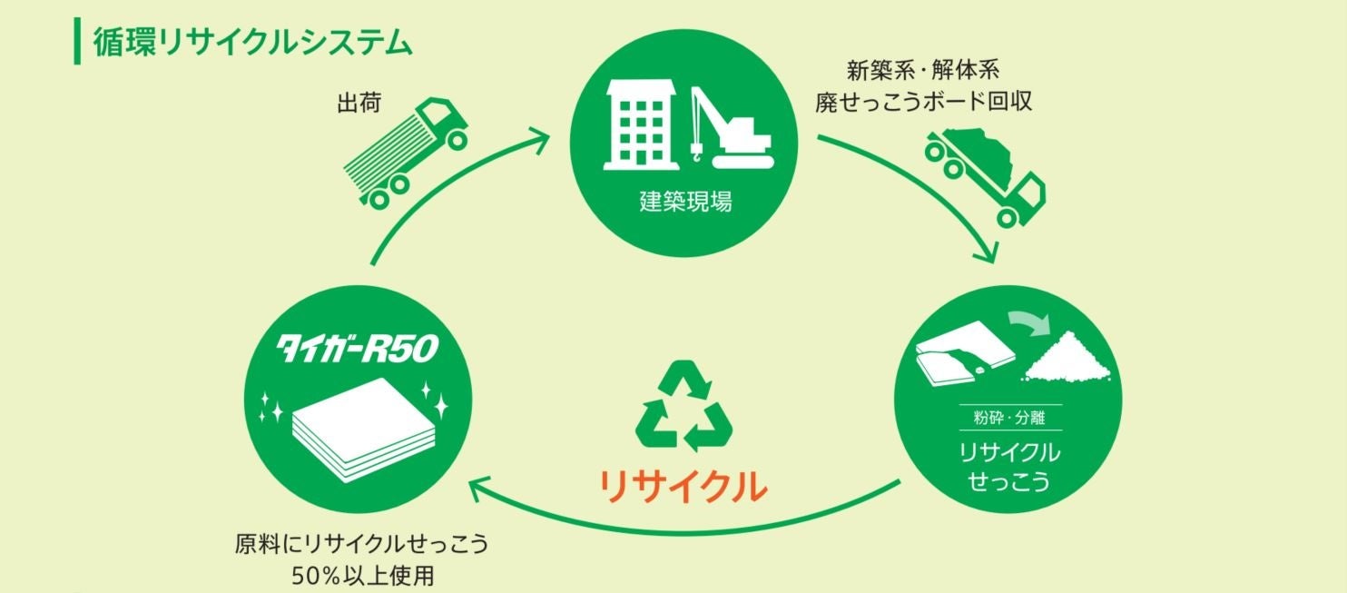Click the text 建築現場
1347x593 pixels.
[685, 201]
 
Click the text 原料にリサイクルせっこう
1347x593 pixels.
[361, 545]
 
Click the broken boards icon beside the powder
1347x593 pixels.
[959, 359]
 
